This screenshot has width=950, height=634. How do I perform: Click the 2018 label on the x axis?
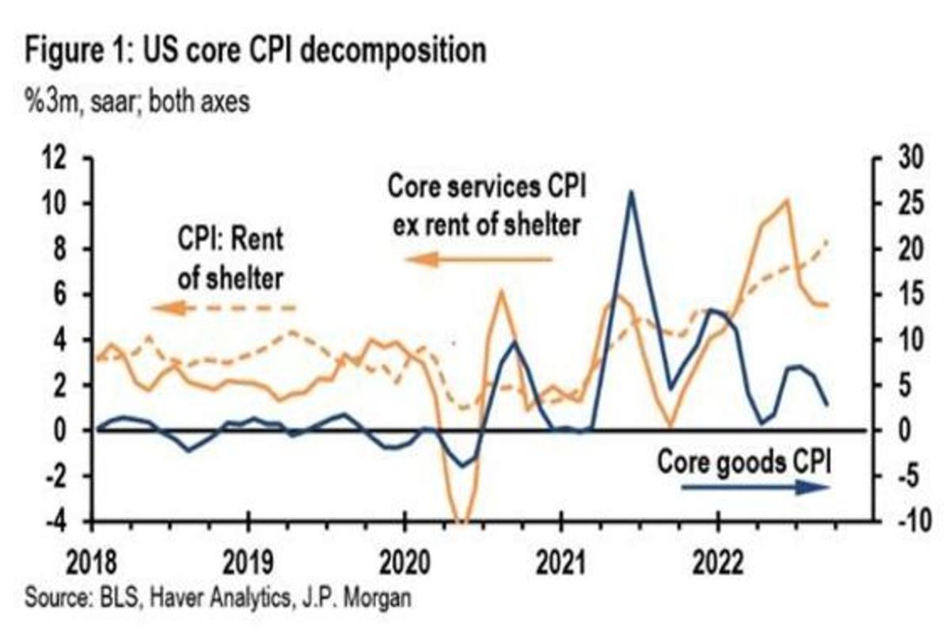93,564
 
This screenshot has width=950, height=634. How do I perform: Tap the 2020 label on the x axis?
405,564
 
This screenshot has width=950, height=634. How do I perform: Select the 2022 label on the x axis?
717,564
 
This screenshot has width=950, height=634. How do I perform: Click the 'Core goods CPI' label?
743,460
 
